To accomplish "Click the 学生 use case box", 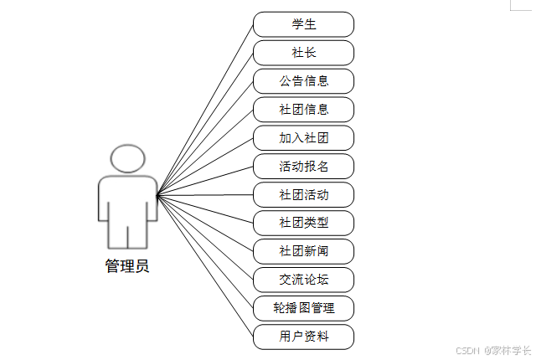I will click(303, 24).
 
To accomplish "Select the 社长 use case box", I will click(303, 53).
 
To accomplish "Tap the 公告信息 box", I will click(303, 81).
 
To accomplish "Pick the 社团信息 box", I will click(303, 110).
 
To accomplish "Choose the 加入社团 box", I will click(303, 138).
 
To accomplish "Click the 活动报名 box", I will click(303, 167).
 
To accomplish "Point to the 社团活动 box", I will click(303, 195).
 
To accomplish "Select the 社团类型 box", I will click(303, 224).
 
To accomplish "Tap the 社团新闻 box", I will click(303, 252).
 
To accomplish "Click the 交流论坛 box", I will click(303, 280).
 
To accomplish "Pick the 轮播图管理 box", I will click(303, 308).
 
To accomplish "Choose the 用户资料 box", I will click(303, 337).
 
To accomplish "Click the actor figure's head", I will click(127, 159).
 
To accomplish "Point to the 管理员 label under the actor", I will click(127, 266).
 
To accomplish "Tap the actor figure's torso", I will click(127, 201).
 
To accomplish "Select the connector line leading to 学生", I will click(205, 108).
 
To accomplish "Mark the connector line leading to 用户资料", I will click(205, 266).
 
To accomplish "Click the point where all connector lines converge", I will click(157, 195).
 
